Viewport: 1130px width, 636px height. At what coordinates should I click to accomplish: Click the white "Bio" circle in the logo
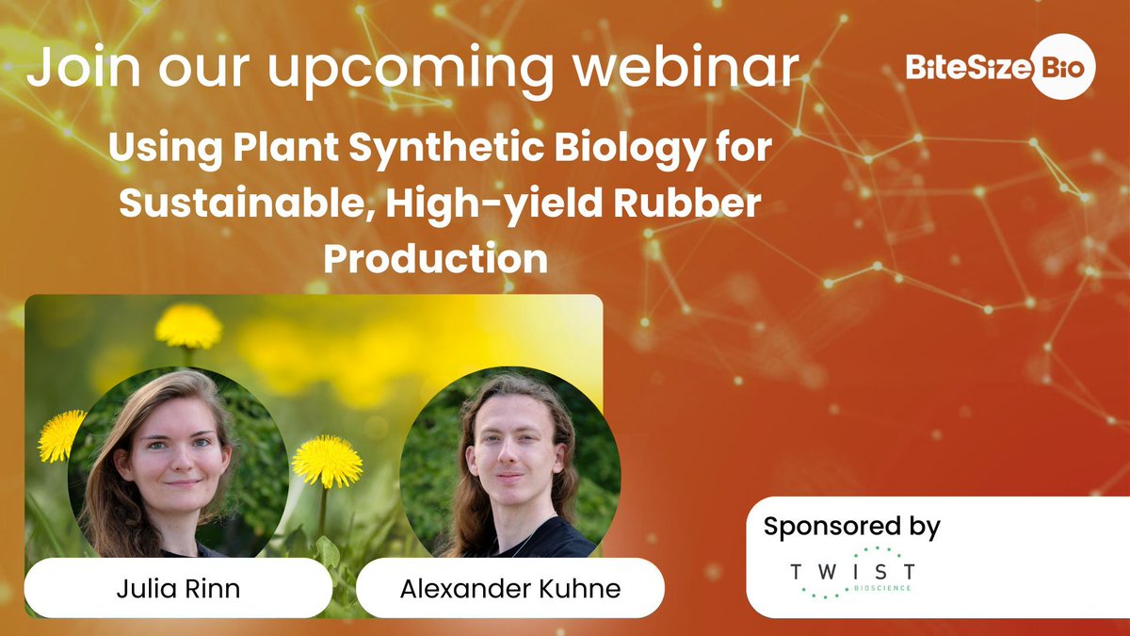[1063, 67]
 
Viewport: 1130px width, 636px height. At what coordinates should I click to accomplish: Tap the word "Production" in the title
[435, 257]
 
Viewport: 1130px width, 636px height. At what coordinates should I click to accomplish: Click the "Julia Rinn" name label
[179, 590]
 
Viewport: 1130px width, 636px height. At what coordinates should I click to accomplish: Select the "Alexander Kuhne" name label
[509, 590]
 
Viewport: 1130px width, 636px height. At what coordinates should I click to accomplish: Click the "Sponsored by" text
[851, 526]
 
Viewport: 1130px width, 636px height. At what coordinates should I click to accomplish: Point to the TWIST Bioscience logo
[852, 572]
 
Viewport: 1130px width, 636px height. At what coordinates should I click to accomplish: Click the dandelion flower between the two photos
[327, 462]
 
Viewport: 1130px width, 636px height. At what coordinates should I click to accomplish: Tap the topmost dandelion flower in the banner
[188, 326]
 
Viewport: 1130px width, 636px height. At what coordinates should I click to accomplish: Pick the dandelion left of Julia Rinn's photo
[61, 435]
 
